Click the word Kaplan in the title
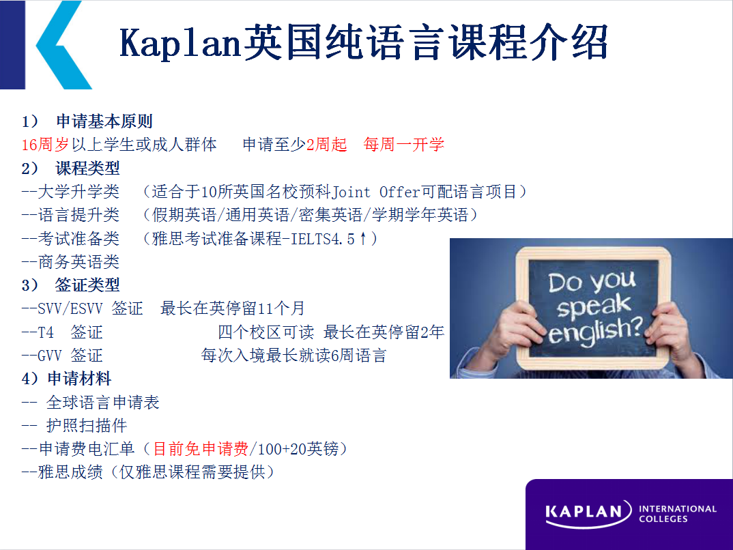[180, 43]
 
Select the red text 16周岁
[45, 145]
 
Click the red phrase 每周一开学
[404, 145]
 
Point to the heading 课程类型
[87, 168]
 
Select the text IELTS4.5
[323, 239]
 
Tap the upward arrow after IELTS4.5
[363, 239]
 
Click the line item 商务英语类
[78, 261]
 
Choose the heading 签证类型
[87, 285]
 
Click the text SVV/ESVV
[70, 308]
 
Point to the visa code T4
[46, 332]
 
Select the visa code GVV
[50, 356]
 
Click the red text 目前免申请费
[201, 448]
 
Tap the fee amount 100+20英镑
[298, 448]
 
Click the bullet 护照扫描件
[87, 425]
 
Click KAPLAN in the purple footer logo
[584, 511]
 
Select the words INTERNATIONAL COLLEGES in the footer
[677, 514]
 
